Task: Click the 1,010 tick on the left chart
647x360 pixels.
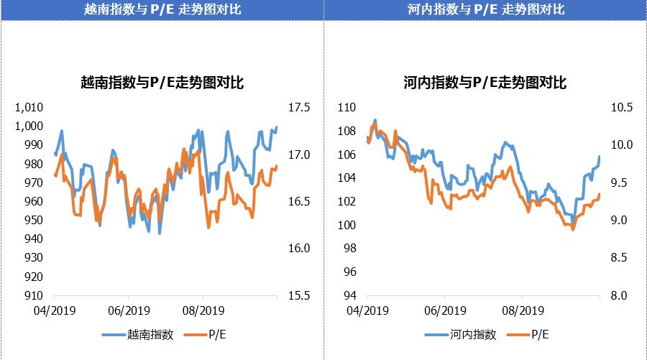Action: coord(30,108)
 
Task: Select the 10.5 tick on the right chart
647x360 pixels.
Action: coord(620,108)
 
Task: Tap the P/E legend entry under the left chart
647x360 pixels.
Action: coord(217,334)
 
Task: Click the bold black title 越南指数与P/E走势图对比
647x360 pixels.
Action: coord(162,83)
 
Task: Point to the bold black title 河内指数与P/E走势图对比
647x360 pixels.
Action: coord(485,83)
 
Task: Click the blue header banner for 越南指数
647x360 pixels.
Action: coord(162,9)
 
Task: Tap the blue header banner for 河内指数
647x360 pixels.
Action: coord(485,9)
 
